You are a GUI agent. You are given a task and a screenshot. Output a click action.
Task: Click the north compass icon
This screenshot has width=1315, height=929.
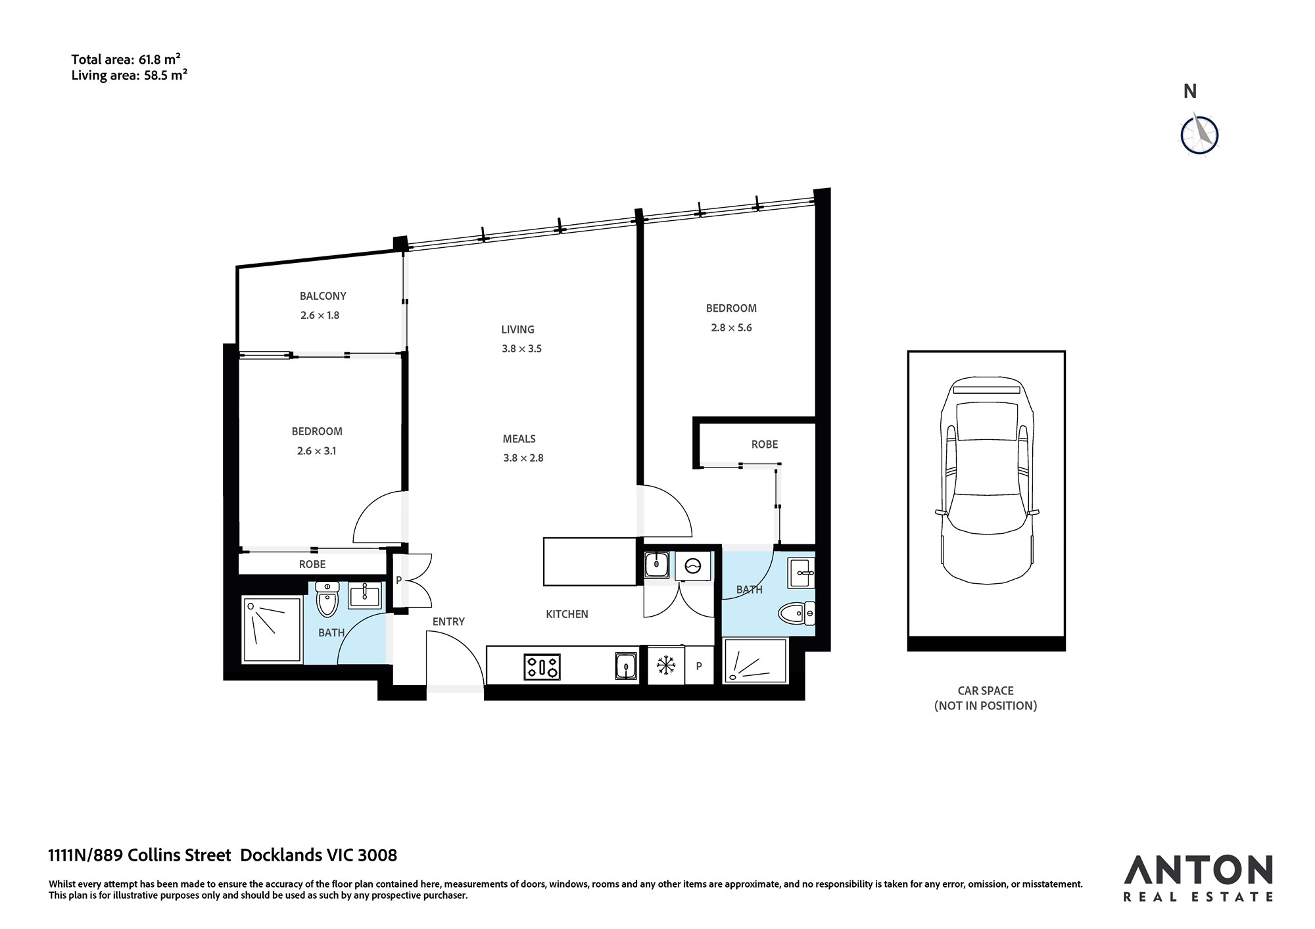coord(1199,135)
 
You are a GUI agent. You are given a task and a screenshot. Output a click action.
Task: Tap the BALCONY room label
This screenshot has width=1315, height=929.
coord(323,296)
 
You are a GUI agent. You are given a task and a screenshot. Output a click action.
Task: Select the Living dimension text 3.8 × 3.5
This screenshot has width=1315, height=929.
coord(521,348)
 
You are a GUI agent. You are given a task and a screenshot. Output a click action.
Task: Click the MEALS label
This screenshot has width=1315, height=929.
coord(519,439)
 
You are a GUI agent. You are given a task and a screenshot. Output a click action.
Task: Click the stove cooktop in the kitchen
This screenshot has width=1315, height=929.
coord(542,667)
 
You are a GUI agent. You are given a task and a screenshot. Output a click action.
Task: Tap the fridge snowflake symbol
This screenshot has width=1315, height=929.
coord(666,666)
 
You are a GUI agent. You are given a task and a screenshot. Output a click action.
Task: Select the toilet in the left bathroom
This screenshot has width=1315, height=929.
coord(327,599)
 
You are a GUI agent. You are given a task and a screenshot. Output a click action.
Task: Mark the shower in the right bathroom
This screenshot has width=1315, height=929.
coord(755,661)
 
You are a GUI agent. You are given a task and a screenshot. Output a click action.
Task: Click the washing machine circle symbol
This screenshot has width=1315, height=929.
coord(694,565)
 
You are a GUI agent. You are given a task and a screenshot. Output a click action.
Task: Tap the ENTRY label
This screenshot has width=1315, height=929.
coord(448,621)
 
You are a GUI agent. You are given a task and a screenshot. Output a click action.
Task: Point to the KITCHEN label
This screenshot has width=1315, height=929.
coord(567,614)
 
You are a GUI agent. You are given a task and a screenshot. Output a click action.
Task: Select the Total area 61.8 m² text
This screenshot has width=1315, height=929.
coord(126,60)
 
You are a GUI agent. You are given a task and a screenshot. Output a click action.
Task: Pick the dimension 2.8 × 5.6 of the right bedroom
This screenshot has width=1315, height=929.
coord(731,327)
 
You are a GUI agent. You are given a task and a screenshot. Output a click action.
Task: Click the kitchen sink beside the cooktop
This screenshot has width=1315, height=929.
coord(626,666)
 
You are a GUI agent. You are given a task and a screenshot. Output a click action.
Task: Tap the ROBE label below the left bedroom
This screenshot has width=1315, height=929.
coord(312,564)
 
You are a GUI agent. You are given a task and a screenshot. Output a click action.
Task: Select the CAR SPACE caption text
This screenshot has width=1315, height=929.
coord(986,690)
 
